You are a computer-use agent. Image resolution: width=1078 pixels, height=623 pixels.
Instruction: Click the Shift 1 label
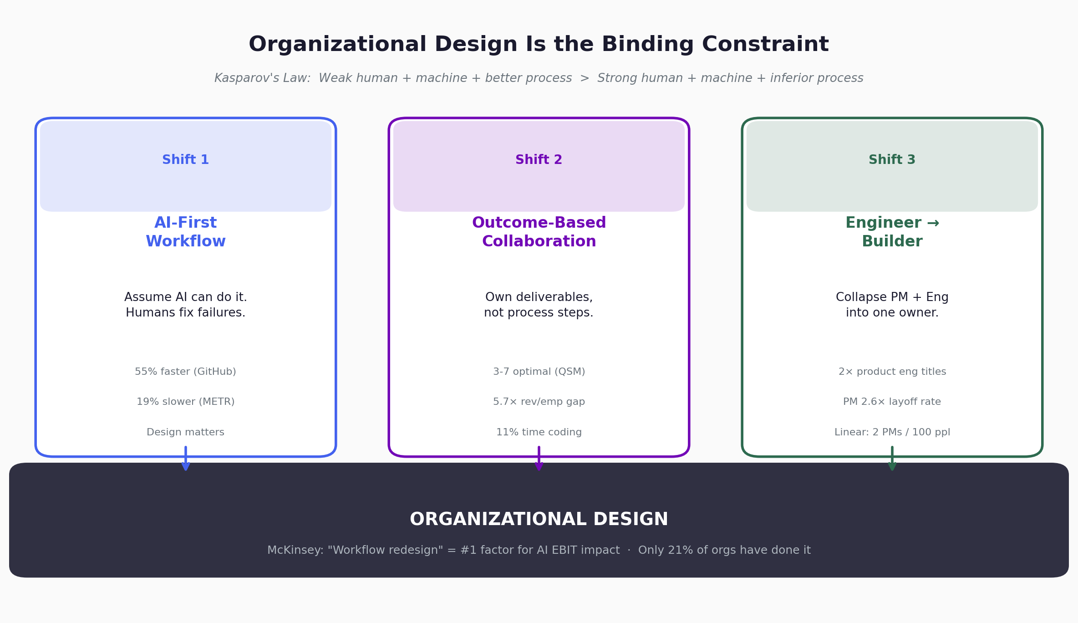[185, 160]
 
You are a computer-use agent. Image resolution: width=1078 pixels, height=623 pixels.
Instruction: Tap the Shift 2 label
[539, 160]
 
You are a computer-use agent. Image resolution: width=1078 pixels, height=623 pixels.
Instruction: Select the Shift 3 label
[892, 160]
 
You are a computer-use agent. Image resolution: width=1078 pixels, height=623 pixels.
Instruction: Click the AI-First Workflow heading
[185, 232]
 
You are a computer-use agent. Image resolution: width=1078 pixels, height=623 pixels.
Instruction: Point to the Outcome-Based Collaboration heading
[539, 232]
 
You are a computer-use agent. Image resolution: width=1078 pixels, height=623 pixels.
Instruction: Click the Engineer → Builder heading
[892, 232]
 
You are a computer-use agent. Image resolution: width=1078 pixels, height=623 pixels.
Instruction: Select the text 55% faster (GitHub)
[185, 372]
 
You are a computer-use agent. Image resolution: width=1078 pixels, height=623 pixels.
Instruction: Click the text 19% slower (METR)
[185, 402]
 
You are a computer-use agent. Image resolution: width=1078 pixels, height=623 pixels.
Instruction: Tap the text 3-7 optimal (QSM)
[539, 372]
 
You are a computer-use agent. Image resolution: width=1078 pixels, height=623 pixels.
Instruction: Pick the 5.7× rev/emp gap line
[539, 402]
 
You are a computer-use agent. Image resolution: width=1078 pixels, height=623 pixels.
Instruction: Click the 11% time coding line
[539, 432]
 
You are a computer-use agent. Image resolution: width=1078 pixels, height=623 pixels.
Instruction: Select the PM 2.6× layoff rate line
[892, 402]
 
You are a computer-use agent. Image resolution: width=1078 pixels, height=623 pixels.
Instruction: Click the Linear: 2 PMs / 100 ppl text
[892, 432]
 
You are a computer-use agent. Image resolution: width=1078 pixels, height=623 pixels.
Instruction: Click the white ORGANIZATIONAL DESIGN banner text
[539, 520]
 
